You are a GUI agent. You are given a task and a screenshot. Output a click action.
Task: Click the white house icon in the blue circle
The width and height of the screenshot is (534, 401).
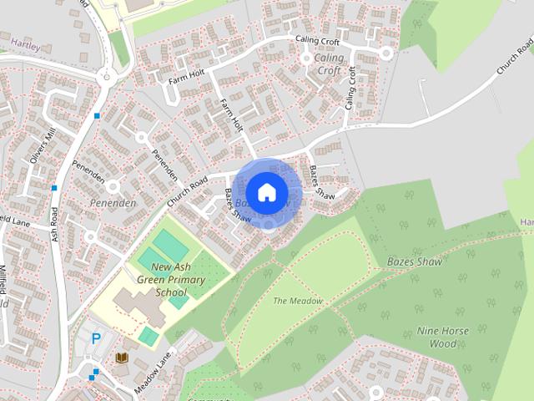(x=266, y=192)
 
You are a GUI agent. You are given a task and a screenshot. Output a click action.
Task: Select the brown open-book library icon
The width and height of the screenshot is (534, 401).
(x=121, y=358)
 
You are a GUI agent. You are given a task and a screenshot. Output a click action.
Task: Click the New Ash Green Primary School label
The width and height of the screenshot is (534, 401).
(x=159, y=280)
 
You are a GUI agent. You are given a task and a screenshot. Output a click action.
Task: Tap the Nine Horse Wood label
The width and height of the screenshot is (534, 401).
(x=442, y=337)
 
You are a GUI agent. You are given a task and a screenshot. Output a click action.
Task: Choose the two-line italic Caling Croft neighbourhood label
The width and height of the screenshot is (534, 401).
(x=329, y=64)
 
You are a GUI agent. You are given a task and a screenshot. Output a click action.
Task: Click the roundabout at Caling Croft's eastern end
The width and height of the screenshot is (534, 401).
(x=385, y=52)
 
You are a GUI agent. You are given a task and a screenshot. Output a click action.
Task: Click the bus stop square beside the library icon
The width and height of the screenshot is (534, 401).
(x=96, y=371)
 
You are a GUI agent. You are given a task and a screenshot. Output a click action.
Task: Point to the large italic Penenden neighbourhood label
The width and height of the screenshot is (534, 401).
(x=113, y=204)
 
